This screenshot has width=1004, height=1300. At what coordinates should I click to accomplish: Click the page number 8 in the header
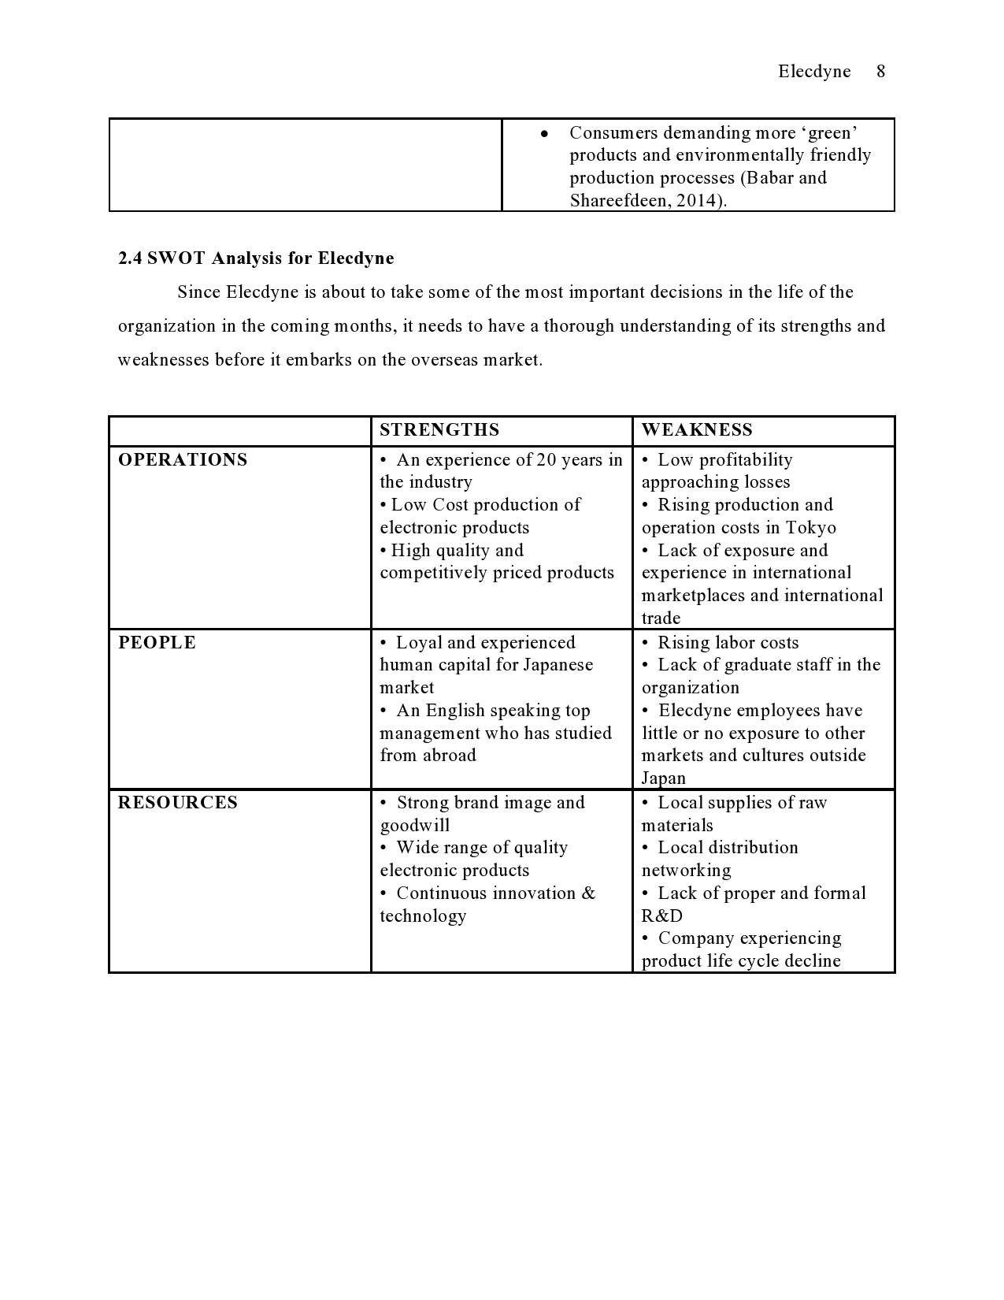[880, 72]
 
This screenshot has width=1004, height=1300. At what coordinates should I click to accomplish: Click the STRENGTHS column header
[439, 430]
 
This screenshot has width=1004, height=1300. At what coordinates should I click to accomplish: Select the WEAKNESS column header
[697, 430]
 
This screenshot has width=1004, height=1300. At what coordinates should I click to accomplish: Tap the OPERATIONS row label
[183, 460]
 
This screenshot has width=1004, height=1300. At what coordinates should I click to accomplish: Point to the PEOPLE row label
[157, 643]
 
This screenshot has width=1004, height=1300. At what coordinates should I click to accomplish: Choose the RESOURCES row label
[178, 803]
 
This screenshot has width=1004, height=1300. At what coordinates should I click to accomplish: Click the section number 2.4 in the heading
[130, 258]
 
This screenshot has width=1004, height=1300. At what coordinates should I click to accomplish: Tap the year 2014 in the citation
[702, 200]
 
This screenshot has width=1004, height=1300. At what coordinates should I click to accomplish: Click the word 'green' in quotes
[829, 132]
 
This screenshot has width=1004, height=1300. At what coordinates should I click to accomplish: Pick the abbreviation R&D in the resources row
[662, 916]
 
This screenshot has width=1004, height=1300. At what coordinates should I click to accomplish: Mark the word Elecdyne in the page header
[814, 72]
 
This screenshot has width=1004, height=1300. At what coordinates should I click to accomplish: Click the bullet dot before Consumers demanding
[544, 133]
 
